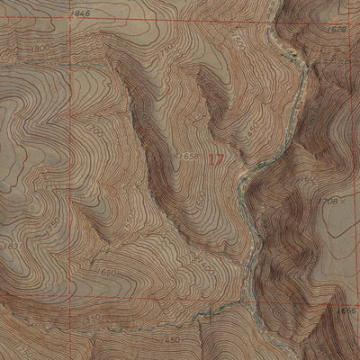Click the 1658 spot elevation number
188,157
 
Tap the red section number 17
216,159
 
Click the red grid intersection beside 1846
64,21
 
